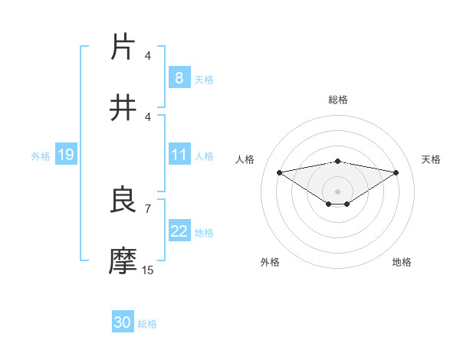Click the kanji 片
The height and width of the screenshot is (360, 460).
[x=123, y=47]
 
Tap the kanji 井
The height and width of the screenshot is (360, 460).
[x=123, y=108]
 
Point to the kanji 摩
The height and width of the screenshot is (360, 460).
[x=123, y=261]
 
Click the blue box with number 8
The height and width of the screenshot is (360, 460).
[x=179, y=78]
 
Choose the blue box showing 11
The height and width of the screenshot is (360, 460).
[x=179, y=155]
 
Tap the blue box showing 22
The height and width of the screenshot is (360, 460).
[x=179, y=231]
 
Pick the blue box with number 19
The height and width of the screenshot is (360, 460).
[x=65, y=155]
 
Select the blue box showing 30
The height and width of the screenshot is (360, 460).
[x=123, y=322]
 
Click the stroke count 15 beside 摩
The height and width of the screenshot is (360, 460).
[x=147, y=270]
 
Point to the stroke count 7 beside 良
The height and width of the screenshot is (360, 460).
[x=147, y=208]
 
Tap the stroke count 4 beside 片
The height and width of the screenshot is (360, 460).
[x=147, y=55]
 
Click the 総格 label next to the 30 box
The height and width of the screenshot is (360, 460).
[x=147, y=324]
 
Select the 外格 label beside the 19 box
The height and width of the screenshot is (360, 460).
[x=41, y=155]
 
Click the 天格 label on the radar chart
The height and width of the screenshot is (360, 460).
[x=432, y=159]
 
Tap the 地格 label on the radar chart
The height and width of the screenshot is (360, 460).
[x=402, y=262]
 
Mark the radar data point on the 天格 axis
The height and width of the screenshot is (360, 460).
[x=396, y=172]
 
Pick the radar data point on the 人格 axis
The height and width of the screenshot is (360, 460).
[x=279, y=172]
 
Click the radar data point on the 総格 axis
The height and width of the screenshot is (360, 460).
[x=338, y=161]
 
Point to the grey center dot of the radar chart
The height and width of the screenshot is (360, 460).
[x=338, y=191]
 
